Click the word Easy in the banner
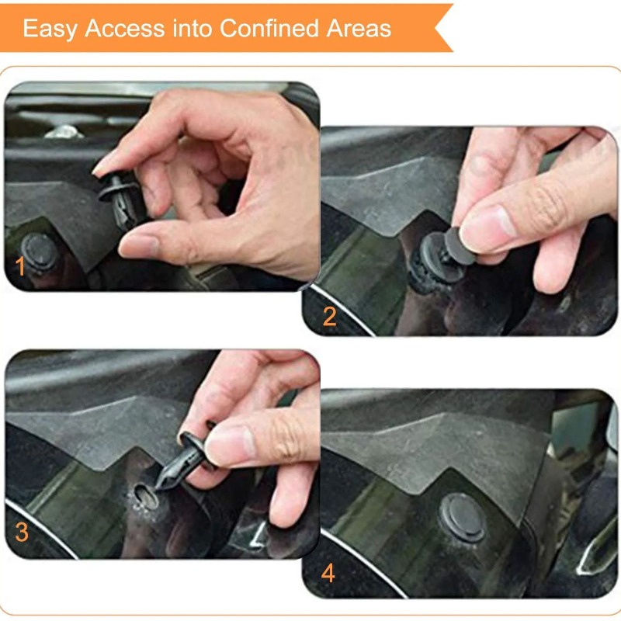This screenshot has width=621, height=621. (x=50, y=29)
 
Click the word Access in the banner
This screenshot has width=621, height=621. (x=125, y=29)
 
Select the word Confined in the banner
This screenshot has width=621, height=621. (x=269, y=28)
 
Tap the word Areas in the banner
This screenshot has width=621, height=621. (x=359, y=29)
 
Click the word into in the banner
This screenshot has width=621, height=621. (x=192, y=28)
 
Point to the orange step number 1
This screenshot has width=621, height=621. (x=20, y=265)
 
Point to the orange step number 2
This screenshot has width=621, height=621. (x=329, y=317)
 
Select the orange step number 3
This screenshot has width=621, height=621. (x=22, y=532)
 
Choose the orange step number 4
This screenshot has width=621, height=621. (x=328, y=573)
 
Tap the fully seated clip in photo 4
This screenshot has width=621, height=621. (x=463, y=517)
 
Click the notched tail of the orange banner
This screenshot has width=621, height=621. (x=444, y=28)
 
